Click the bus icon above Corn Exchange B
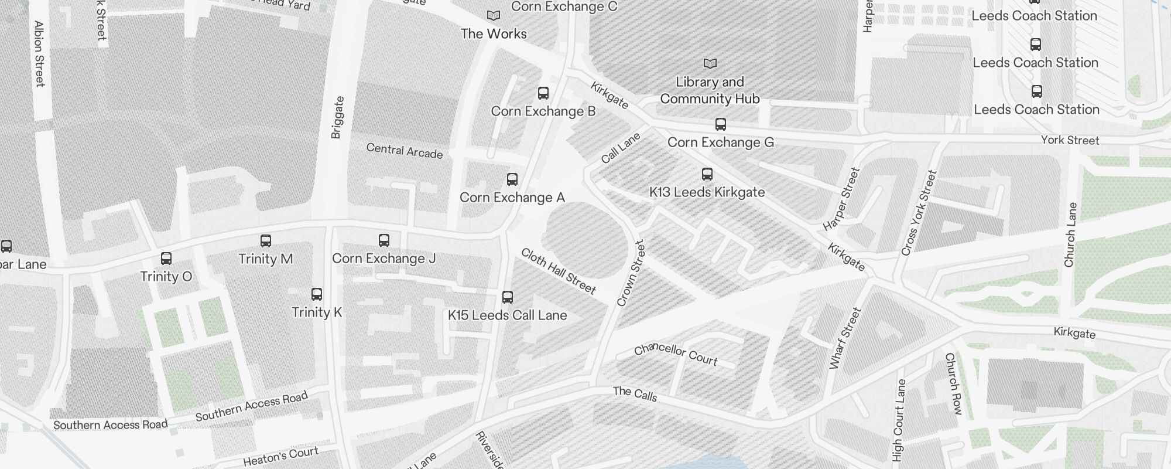[x=543, y=93]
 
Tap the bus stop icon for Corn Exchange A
[x=512, y=179]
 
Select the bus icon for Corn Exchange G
[x=721, y=124]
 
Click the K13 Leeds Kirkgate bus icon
[x=707, y=174]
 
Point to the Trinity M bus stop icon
[x=266, y=241]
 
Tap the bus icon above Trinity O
[x=166, y=259]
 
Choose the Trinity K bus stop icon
[x=317, y=294]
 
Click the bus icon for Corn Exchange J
[x=384, y=240]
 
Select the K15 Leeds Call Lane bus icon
[x=508, y=297]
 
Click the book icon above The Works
[x=494, y=16]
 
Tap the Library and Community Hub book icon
[x=710, y=63]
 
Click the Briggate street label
[x=337, y=117]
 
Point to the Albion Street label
[x=39, y=54]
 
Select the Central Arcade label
[x=404, y=151]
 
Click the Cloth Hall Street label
[x=558, y=271]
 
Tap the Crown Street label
[x=631, y=273]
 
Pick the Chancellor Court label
[x=676, y=354]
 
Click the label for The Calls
[x=635, y=394]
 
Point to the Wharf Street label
[x=845, y=338]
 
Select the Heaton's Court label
[x=280, y=456]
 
